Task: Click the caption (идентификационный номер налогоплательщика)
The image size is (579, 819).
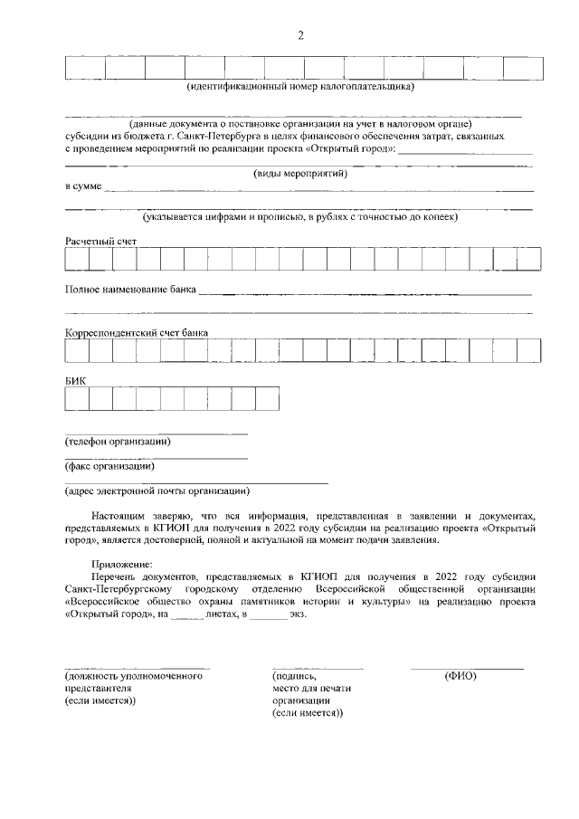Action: tap(299, 88)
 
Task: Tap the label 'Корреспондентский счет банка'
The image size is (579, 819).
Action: tap(137, 332)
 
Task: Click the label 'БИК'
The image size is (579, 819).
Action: tap(75, 380)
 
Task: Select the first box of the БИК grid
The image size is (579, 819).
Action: tap(77, 398)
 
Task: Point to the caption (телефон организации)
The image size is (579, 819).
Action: tap(118, 442)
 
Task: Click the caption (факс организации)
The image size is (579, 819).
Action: tap(109, 467)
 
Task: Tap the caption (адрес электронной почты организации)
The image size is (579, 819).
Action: tap(156, 491)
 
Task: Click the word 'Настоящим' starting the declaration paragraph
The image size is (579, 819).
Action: tap(117, 513)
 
